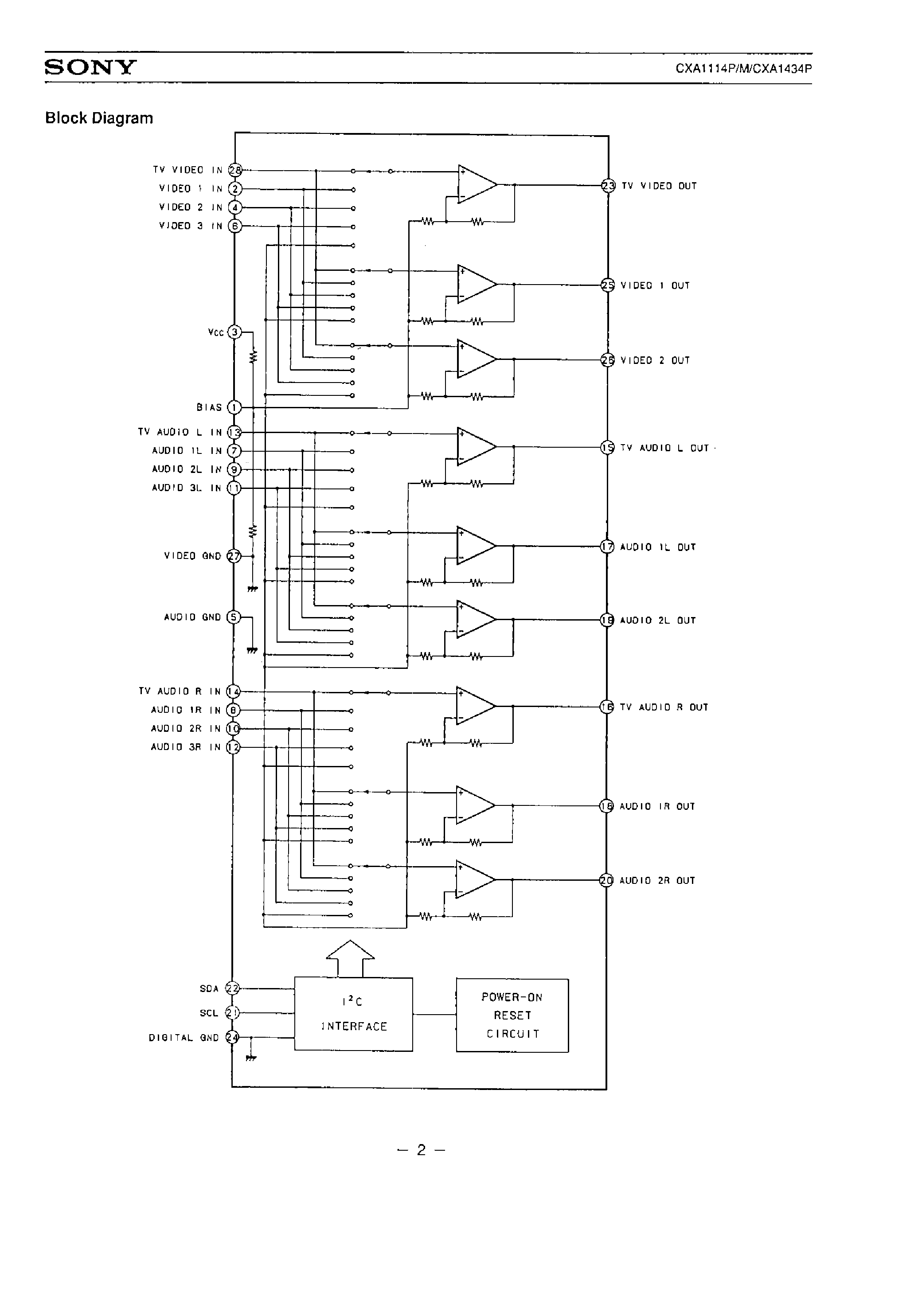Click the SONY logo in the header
90,67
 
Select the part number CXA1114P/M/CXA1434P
743,69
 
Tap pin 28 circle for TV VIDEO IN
235,170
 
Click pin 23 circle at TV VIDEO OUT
609,186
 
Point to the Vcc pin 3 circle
234,332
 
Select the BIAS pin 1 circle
234,407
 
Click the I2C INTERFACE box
353,1014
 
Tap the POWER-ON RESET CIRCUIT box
512,1015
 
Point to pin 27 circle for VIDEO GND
234,556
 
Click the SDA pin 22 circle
233,988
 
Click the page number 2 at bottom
421,1150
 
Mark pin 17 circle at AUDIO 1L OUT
607,547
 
